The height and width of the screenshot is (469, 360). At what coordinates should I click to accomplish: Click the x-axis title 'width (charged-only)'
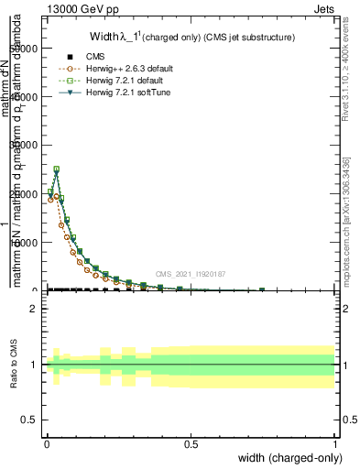coord(285,457)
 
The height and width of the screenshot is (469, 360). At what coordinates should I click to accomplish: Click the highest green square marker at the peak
coord(56,169)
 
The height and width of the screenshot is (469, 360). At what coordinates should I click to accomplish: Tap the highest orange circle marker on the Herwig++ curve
coord(56,196)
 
